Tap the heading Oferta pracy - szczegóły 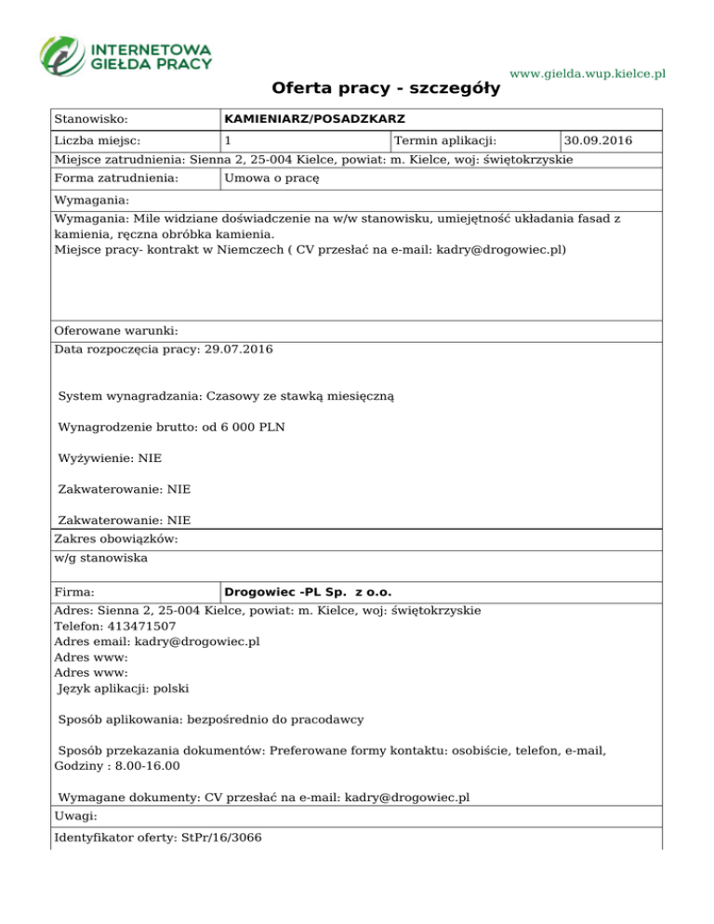click(x=386, y=89)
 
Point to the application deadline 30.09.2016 click(x=599, y=140)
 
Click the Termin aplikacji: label click(x=445, y=140)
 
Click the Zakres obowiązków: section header click(x=116, y=539)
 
